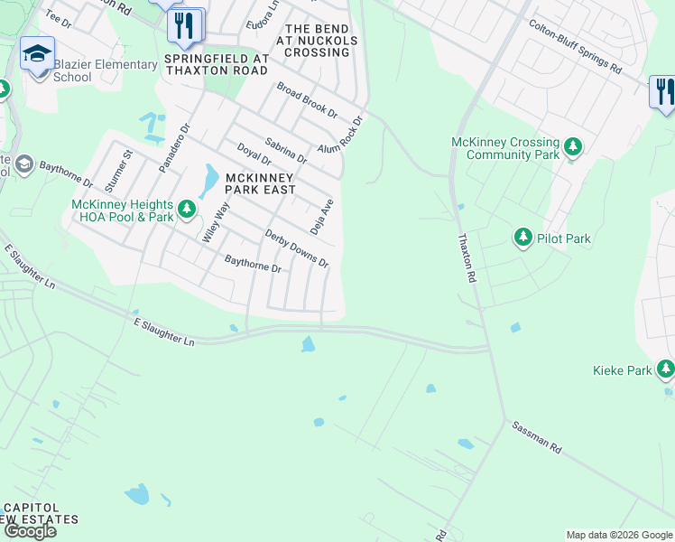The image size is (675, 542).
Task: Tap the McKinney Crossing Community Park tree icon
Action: tap(571, 146)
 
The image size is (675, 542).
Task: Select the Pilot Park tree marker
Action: tap(522, 238)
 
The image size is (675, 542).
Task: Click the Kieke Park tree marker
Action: tap(665, 369)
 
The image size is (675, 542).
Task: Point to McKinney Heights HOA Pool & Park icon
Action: tap(187, 210)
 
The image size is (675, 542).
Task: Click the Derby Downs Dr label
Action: tap(296, 248)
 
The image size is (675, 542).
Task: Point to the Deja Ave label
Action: tap(322, 217)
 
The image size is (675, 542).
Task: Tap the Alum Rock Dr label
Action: tap(339, 135)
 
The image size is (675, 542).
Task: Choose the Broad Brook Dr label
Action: tap(307, 100)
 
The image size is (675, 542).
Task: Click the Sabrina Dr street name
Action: tap(286, 151)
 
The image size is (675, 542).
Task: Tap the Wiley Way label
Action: tap(217, 222)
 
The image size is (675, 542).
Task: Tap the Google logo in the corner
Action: tap(30, 530)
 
